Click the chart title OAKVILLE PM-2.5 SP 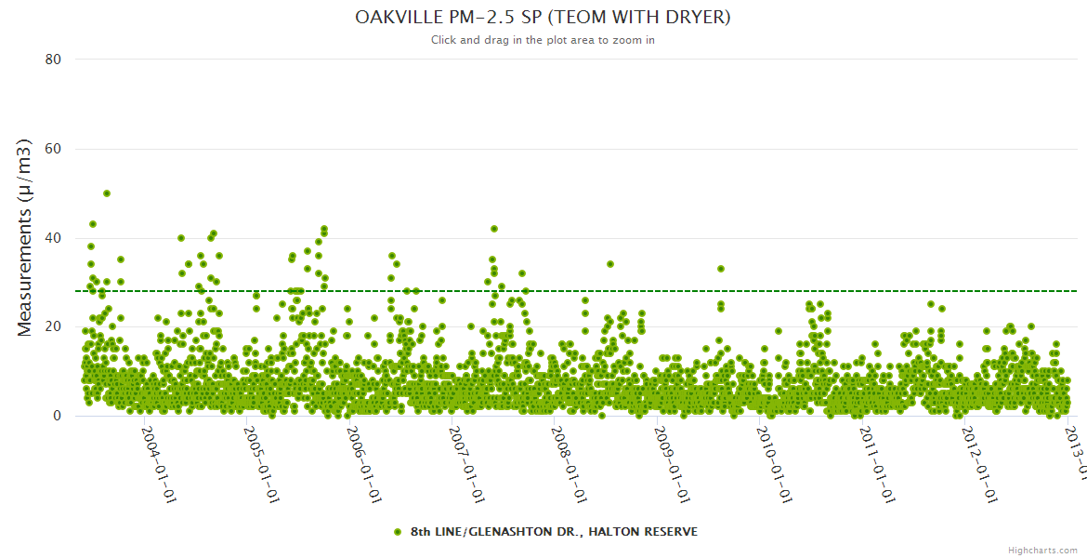(543, 18)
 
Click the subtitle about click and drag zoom (543, 40)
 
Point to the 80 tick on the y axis (53, 60)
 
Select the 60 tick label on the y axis (53, 149)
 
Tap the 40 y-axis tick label (53, 238)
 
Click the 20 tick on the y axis (53, 326)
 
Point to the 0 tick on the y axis (57, 416)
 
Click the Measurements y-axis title (25, 238)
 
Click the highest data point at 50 (107, 193)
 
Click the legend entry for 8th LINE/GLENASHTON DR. (545, 532)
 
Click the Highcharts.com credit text (1042, 550)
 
